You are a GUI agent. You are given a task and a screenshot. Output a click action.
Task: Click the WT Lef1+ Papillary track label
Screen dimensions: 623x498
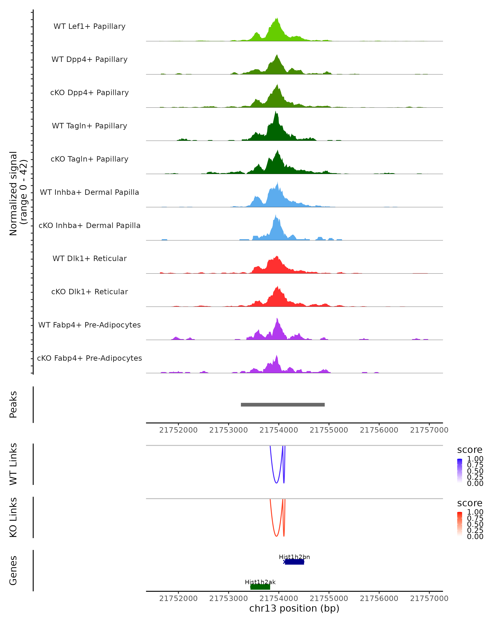click(x=89, y=26)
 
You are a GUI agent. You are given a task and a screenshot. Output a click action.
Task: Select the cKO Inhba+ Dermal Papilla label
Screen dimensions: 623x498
click(x=89, y=225)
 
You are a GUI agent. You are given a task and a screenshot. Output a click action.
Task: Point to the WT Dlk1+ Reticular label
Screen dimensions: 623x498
click(x=89, y=259)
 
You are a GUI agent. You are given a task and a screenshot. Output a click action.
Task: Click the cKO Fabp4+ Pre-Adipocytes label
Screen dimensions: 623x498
click(x=89, y=358)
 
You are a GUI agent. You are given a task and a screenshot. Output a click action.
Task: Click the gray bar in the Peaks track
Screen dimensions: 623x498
click(x=283, y=405)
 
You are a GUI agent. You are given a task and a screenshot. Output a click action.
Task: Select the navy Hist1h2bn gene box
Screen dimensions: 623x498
click(x=294, y=562)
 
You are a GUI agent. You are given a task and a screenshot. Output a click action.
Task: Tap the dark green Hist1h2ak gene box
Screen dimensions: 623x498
click(x=260, y=587)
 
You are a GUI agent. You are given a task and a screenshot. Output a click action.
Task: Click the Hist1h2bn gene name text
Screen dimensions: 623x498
click(x=294, y=557)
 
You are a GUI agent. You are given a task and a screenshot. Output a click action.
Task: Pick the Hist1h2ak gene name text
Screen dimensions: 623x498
click(x=260, y=582)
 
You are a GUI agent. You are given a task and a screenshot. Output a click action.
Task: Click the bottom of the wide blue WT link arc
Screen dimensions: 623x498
click(x=276, y=483)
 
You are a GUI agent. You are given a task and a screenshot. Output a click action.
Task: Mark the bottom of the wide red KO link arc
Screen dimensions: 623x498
click(x=276, y=536)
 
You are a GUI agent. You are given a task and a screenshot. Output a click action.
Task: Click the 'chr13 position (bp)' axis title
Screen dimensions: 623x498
click(x=294, y=608)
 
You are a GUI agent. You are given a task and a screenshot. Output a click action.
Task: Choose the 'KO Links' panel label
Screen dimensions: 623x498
click(x=13, y=517)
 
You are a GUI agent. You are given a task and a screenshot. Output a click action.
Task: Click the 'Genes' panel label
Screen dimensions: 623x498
click(x=13, y=570)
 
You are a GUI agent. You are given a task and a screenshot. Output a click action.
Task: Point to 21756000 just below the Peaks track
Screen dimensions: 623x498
click(x=379, y=430)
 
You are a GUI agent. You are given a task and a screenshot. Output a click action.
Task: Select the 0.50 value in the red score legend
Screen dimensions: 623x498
click(x=475, y=524)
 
